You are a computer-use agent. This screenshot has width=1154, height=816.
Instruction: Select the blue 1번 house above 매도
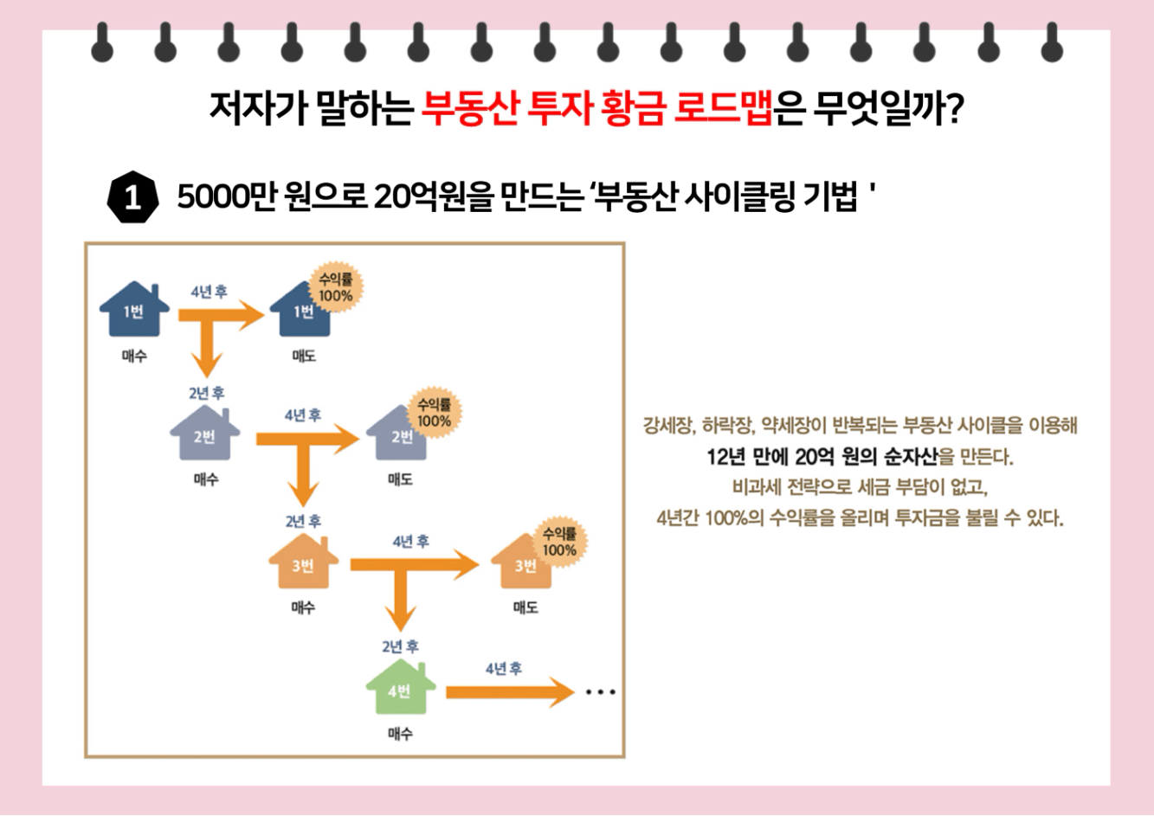point(301,312)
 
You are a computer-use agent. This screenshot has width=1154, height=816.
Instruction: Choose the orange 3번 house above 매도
point(524,563)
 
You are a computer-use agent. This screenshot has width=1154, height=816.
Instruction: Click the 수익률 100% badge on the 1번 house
point(335,287)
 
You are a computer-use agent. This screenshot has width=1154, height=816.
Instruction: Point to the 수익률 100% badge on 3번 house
point(558,543)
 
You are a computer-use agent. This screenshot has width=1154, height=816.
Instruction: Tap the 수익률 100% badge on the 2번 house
point(434,413)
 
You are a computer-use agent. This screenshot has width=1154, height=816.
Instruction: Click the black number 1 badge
point(132,198)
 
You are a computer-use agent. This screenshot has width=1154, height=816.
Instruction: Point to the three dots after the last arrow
point(600,692)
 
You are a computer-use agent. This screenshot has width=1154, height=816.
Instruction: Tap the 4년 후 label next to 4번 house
point(503,669)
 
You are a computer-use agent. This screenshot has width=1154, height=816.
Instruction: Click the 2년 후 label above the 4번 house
point(400,646)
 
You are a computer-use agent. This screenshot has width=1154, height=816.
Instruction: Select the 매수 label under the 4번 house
point(400,734)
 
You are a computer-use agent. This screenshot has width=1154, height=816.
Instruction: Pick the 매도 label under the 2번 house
point(400,479)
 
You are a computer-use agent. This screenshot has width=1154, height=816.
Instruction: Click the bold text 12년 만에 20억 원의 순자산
point(822,456)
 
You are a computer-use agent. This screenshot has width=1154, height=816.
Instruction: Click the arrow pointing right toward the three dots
point(510,692)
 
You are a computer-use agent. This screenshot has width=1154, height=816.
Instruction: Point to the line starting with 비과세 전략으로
point(860,486)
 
